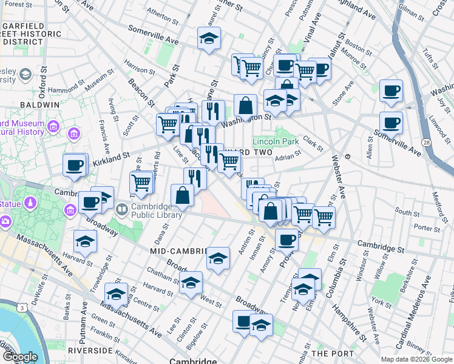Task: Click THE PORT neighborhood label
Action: click(328, 352)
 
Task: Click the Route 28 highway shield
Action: click(427, 141)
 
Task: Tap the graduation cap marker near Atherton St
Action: click(209, 40)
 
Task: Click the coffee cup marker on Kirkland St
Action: click(75, 166)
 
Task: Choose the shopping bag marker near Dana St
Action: click(182, 196)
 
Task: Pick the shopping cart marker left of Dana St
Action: click(141, 182)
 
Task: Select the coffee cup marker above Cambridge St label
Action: click(286, 240)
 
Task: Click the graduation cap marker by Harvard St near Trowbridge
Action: click(85, 242)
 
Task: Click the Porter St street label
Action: click(427, 228)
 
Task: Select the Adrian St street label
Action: click(288, 157)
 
